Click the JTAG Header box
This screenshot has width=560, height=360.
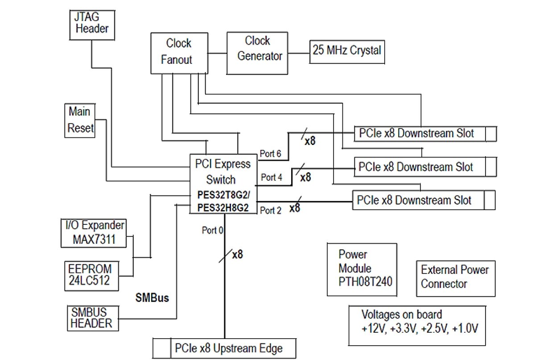pos(91,25)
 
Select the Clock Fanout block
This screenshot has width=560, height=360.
pos(178,52)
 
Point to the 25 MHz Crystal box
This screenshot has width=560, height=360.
pos(346,50)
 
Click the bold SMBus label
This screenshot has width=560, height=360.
pos(152,298)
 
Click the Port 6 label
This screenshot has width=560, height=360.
pos(270,154)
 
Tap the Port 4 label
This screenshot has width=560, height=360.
pos(271,177)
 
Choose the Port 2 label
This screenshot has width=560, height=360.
pos(271,210)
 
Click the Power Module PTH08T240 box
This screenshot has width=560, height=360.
pos(362,269)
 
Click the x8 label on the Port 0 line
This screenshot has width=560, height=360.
pos(237,255)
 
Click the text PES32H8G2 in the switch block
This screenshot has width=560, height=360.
pos(223,208)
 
